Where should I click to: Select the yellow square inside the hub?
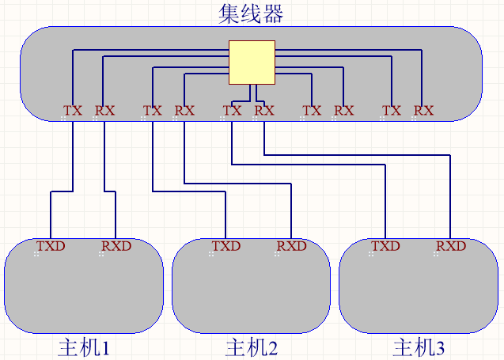point(252,62)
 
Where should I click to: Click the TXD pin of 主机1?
point(51,246)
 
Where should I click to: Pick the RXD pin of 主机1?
point(116,246)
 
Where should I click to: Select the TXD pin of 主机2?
point(225,246)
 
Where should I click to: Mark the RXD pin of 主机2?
point(291,246)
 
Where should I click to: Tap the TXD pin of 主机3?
point(385,246)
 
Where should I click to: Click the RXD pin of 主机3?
point(451,246)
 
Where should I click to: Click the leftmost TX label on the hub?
point(73,111)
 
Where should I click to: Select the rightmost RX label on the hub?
point(424,111)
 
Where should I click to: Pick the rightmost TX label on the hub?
point(392,111)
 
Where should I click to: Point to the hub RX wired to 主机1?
point(104,111)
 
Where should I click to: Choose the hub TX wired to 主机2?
point(152,111)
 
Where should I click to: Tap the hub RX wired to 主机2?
point(184,111)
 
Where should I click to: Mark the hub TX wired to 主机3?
point(232,111)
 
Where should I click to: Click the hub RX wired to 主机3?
point(264,111)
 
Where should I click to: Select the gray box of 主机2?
point(251,293)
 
